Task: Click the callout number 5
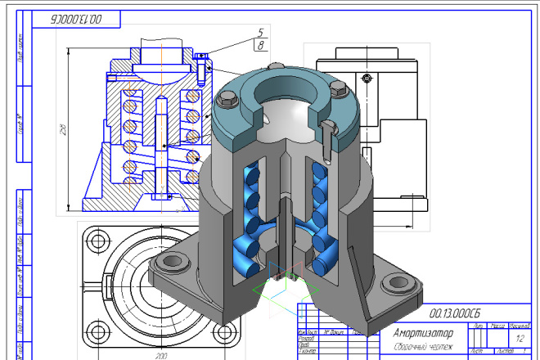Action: (260, 32)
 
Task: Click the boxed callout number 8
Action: (260, 46)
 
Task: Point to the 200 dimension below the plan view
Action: (161, 356)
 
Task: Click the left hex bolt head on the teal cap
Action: (228, 100)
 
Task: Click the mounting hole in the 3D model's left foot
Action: (173, 262)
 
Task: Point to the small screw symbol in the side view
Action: (367, 78)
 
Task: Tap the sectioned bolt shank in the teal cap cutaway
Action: (328, 130)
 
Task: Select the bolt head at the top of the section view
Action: (200, 56)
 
